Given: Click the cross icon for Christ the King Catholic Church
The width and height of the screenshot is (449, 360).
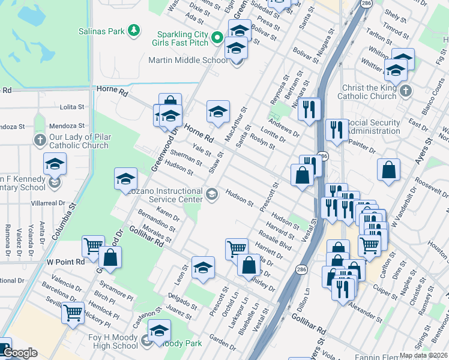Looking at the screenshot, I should pyautogui.click(x=406, y=91).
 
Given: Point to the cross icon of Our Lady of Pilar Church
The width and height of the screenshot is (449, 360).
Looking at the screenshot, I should pyautogui.click(x=40, y=140).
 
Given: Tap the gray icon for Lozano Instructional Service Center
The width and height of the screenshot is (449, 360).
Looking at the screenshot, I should pyautogui.click(x=211, y=194).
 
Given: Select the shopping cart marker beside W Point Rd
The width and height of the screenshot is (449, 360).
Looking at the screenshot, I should pyautogui.click(x=93, y=246).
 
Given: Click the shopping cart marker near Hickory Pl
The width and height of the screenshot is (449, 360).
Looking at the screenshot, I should pyautogui.click(x=73, y=312).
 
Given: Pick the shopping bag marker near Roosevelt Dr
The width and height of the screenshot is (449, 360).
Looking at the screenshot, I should pyautogui.click(x=389, y=169).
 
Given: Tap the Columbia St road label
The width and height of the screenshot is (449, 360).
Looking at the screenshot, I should pyautogui.click(x=67, y=222).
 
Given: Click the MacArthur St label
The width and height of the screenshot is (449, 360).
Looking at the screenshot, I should pyautogui.click(x=235, y=124).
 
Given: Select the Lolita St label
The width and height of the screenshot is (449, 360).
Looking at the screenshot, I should pyautogui.click(x=72, y=107).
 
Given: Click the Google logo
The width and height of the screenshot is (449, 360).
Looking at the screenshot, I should pyautogui.click(x=20, y=353).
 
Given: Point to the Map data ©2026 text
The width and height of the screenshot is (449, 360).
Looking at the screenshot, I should pyautogui.click(x=423, y=356).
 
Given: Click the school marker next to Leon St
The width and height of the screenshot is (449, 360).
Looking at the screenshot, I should pyautogui.click(x=203, y=268).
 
